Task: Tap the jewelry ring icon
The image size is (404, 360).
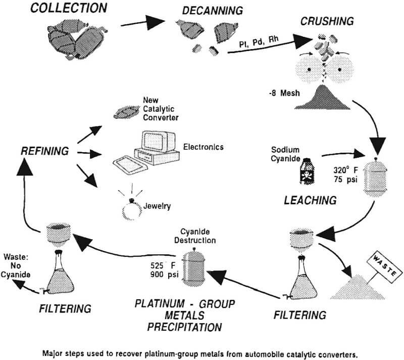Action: [x=133, y=209]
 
